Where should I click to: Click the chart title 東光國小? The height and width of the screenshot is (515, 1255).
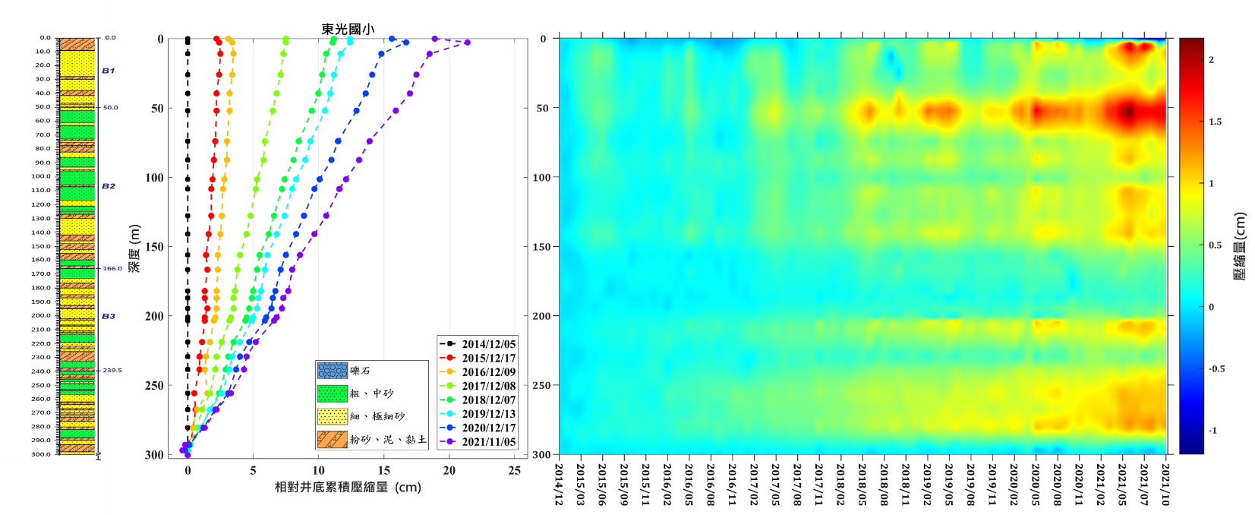click(x=347, y=29)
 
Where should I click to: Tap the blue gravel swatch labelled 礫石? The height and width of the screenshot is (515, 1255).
click(x=332, y=371)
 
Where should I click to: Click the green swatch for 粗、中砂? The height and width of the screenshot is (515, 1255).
click(x=332, y=393)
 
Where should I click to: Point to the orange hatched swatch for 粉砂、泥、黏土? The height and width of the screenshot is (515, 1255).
click(x=332, y=439)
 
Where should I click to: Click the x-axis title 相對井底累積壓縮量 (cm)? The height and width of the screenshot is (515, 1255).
click(x=348, y=487)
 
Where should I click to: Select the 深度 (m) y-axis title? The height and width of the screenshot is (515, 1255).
click(x=134, y=248)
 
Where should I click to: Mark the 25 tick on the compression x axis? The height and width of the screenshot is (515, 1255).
click(x=514, y=470)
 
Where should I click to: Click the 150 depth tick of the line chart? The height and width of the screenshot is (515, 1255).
click(x=154, y=247)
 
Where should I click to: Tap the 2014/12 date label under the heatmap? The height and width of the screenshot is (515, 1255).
click(x=560, y=484)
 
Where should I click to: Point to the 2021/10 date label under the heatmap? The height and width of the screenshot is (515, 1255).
click(x=1165, y=484)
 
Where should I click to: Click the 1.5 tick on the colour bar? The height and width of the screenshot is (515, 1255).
click(x=1216, y=122)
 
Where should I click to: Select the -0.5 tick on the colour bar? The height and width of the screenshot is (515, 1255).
click(x=1216, y=369)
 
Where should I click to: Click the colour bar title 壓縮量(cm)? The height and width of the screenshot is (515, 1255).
click(x=1240, y=246)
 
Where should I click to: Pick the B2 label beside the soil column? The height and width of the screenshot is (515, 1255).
click(x=109, y=186)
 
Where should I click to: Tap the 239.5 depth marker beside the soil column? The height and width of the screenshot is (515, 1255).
click(x=112, y=371)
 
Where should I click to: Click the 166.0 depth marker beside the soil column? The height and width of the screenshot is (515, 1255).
click(x=112, y=268)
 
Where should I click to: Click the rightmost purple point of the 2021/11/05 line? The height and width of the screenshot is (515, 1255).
click(x=467, y=43)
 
